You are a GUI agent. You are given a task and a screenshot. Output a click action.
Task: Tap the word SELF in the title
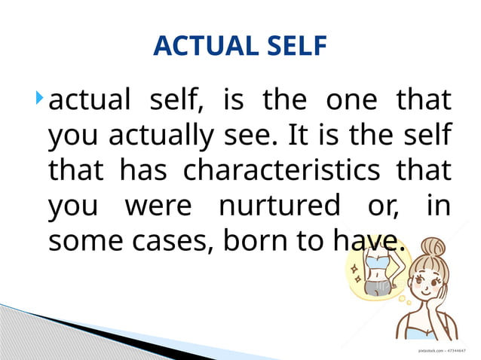click(290, 47)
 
